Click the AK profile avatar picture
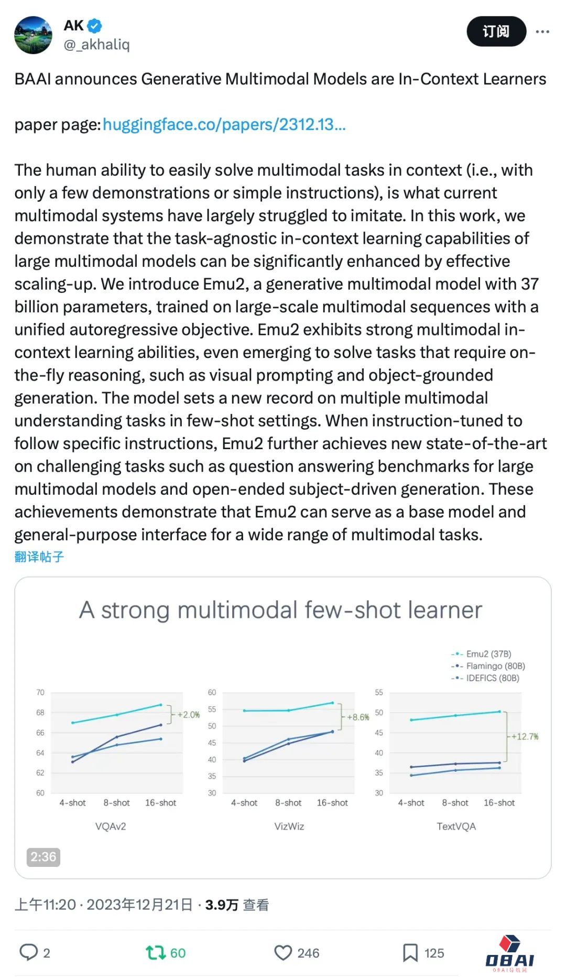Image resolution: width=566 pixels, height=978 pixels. click(34, 35)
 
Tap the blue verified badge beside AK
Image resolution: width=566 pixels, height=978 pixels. click(95, 25)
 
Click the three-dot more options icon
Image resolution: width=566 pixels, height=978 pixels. click(542, 32)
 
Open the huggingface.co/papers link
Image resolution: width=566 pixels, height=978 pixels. click(224, 125)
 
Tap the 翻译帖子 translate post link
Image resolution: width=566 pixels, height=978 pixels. click(39, 557)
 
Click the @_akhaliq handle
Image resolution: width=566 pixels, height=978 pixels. click(97, 45)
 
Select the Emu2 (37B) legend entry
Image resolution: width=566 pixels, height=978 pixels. click(488, 654)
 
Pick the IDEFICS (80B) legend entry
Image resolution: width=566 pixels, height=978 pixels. click(492, 678)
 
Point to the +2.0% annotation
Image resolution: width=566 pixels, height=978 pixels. click(188, 715)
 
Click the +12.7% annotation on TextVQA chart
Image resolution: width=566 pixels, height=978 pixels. click(525, 736)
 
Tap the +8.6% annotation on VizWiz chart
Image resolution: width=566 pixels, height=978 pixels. click(358, 717)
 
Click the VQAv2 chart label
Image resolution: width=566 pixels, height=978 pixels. click(111, 826)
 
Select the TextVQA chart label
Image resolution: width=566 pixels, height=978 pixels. click(456, 826)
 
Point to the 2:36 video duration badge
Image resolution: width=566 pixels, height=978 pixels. click(43, 857)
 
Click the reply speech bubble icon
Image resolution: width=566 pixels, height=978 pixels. click(28, 952)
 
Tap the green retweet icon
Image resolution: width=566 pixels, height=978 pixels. click(155, 952)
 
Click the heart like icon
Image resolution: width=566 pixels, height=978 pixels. click(283, 952)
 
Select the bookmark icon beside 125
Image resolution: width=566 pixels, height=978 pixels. click(410, 952)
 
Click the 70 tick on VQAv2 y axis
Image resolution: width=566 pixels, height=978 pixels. click(40, 692)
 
